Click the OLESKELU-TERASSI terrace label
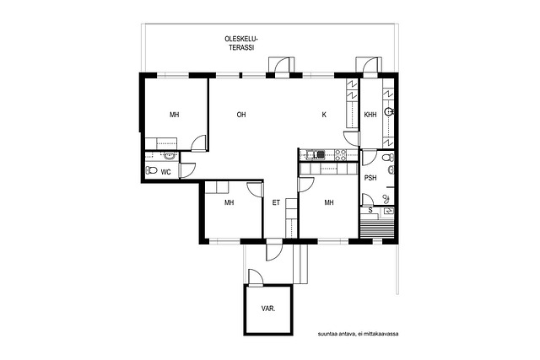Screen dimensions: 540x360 241,43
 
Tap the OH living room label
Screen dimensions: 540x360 241,115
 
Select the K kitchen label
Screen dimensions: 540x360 324,115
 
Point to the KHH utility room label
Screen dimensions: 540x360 370,115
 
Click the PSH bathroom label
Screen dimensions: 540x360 370,178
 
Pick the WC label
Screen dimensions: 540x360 165,172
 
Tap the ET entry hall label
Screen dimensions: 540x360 276,202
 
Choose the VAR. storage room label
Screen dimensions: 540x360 268,309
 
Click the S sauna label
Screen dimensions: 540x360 370,210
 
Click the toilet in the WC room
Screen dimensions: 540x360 151,170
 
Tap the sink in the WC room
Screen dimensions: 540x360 169,157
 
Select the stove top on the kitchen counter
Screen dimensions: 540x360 341,155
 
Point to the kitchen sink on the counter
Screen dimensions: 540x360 316,155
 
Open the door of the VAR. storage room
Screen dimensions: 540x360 255,278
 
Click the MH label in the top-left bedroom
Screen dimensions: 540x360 175,115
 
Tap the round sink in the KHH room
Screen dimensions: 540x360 389,111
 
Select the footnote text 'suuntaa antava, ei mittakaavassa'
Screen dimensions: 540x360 358,334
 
